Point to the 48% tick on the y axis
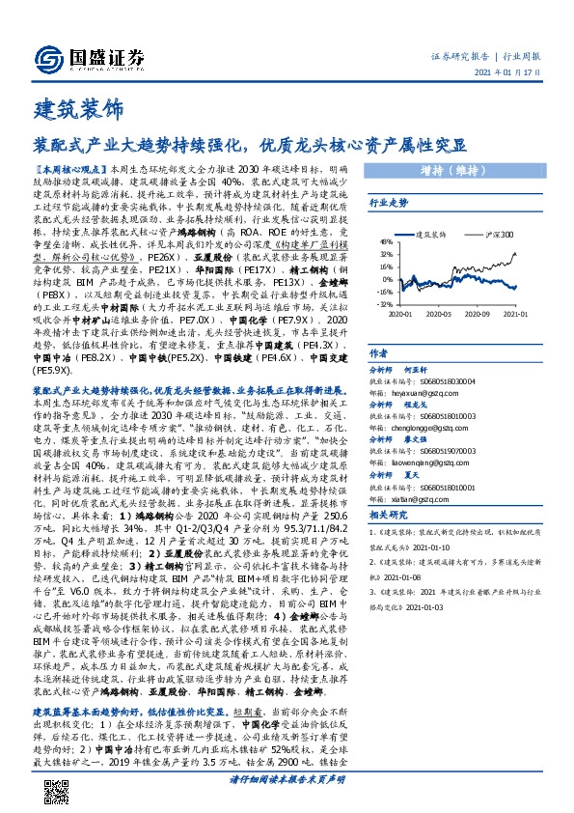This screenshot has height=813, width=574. [384, 242]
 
